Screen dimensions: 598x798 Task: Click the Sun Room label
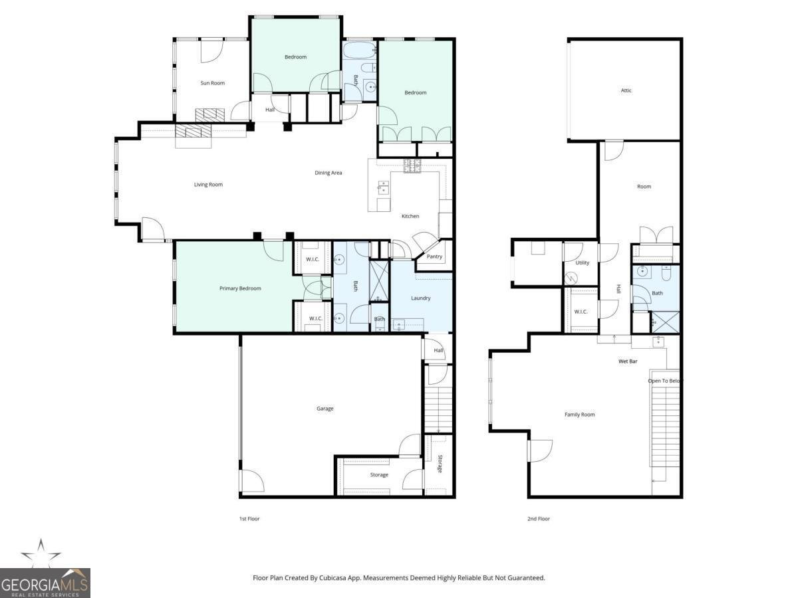click(213, 83)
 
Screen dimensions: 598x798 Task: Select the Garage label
click(325, 408)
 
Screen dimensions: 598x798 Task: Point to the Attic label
click(626, 90)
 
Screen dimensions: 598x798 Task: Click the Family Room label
click(579, 415)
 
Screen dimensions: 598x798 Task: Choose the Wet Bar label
click(628, 362)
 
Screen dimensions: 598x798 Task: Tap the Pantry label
click(434, 256)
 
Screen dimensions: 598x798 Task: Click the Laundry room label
click(420, 298)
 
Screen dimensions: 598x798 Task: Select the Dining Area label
click(329, 173)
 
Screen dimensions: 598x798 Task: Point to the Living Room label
click(208, 184)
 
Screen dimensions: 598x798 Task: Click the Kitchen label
click(410, 217)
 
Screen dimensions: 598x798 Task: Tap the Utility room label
click(582, 262)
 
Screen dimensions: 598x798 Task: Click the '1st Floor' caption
click(249, 519)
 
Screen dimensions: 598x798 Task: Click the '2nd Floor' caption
click(539, 519)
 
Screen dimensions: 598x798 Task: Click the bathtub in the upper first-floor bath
click(359, 50)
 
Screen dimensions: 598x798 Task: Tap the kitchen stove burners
click(413, 167)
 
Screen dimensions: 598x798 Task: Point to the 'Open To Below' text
click(665, 381)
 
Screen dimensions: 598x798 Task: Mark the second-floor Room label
click(644, 187)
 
